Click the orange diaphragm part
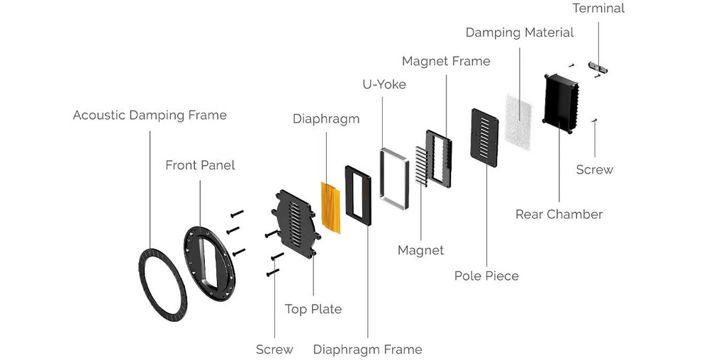coord(330,208)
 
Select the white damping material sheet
coord(518,121)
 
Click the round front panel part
coord(190,259)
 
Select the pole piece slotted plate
coord(484,137)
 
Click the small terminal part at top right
coord(598,67)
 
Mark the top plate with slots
coord(294,223)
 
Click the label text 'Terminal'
coord(598,9)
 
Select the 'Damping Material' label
coord(520,33)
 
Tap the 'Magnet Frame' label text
coord(446,61)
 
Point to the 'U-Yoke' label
coord(384,84)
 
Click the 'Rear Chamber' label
coord(559,214)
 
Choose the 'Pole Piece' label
coord(486,276)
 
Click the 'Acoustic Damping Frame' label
coord(150,116)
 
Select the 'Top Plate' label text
coord(313,309)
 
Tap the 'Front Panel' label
coord(200,165)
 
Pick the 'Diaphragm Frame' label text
coord(368,349)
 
